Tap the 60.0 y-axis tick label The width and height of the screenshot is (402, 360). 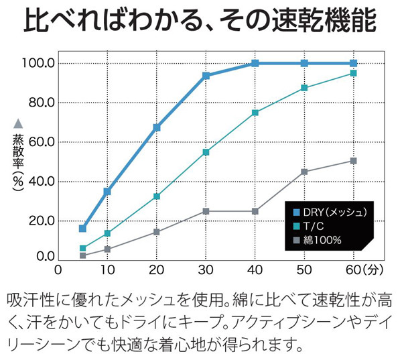pos(42,142)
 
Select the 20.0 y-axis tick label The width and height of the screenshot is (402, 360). pos(42,221)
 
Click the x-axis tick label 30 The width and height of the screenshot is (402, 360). pos(206,269)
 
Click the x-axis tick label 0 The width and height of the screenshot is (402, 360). pos(58,269)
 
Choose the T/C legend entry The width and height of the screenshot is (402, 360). pos(314,226)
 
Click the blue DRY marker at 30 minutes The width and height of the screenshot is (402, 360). pos(206,76)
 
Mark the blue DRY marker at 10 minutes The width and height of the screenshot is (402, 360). pos(107,192)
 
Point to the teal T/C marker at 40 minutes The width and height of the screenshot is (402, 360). pos(255,113)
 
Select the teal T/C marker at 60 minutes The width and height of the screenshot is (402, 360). pos(354,73)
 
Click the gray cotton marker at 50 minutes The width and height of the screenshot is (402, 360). pos(304,172)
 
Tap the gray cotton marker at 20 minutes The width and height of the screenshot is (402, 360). pos(157,232)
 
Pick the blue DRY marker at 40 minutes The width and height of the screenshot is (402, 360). pos(255,63)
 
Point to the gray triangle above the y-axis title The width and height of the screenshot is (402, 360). pos(18,123)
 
